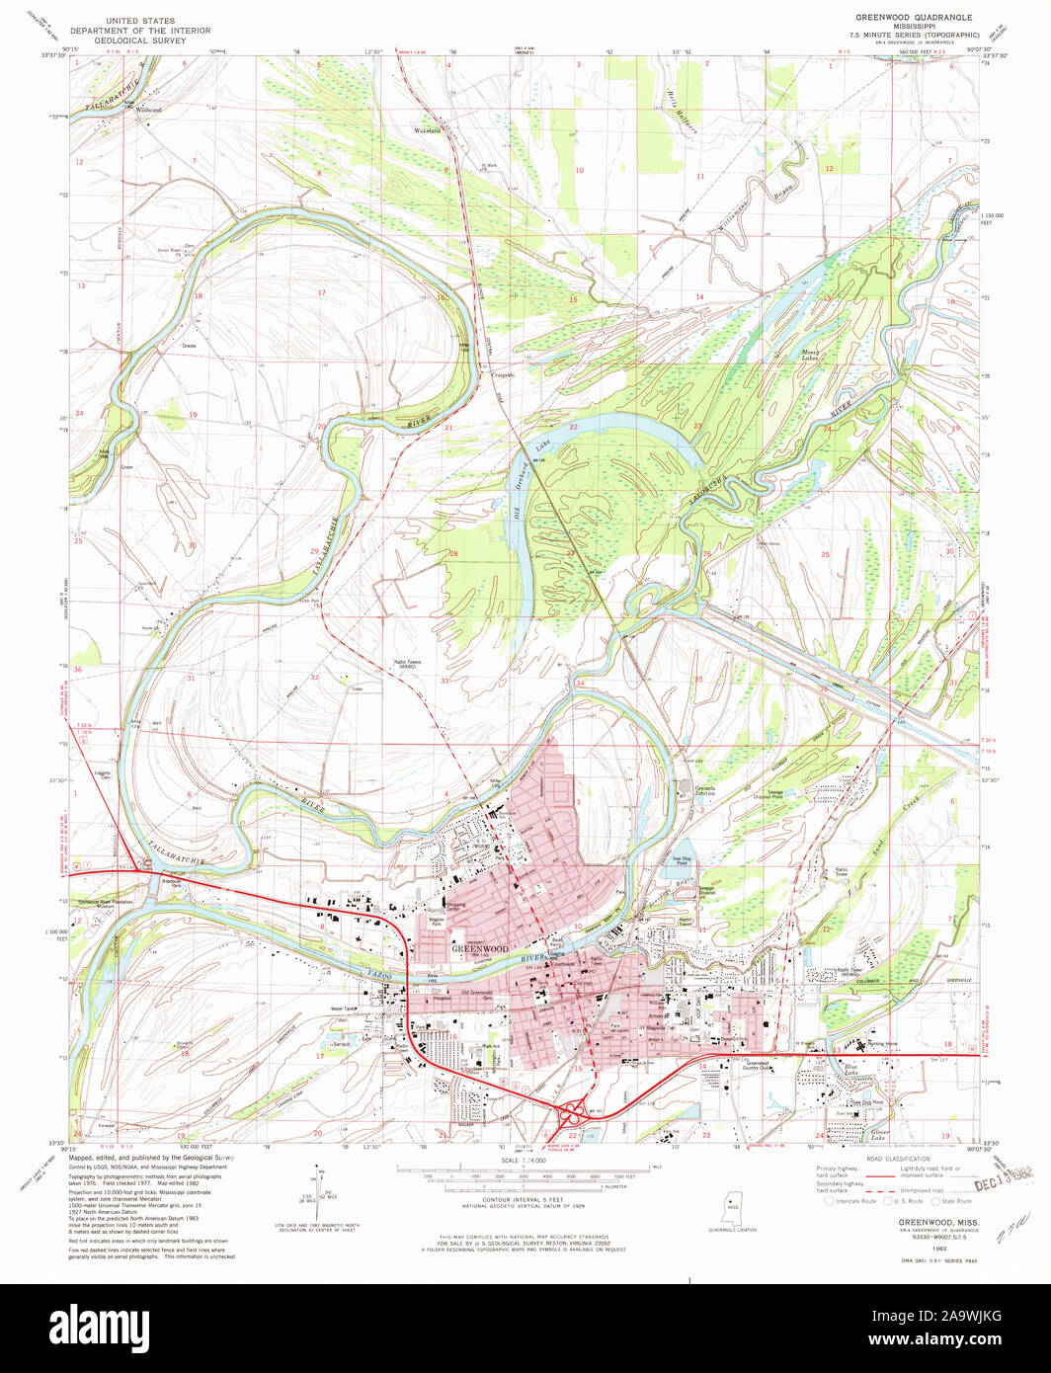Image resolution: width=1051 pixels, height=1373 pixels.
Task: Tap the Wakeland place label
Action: [x=426, y=129]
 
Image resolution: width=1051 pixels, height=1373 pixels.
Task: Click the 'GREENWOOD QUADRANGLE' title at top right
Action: [x=914, y=18]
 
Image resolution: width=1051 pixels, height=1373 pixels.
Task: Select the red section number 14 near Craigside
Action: [x=698, y=296]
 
